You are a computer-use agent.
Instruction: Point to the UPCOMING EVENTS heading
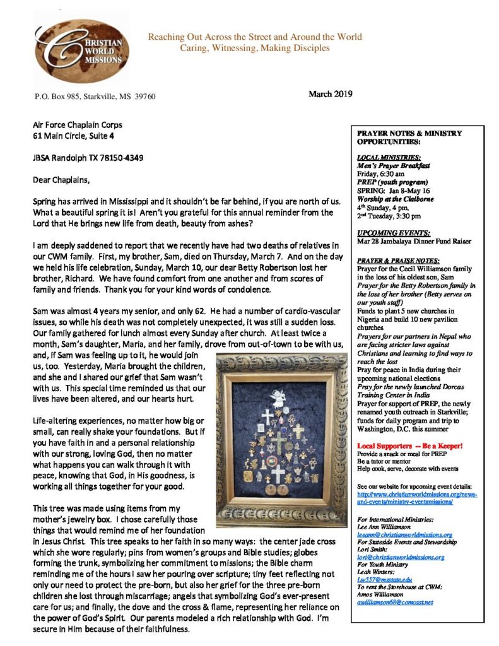coord(385,233)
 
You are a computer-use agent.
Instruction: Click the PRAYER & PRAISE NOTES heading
coord(396,260)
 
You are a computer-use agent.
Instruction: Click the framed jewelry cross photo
coord(280,440)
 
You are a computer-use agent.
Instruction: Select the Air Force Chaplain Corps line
coord(78,124)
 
